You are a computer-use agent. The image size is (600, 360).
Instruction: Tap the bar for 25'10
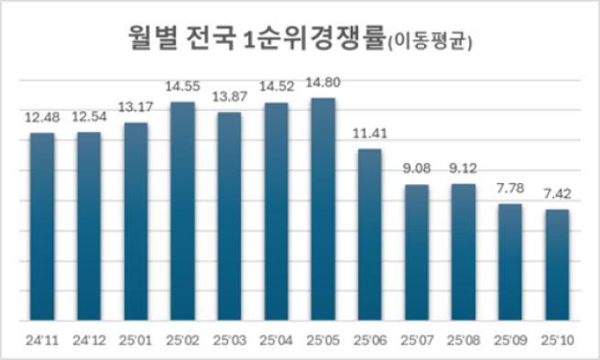[x=558, y=266]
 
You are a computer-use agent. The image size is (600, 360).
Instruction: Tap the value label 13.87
[x=229, y=98]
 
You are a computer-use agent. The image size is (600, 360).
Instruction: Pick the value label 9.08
[x=417, y=170]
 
